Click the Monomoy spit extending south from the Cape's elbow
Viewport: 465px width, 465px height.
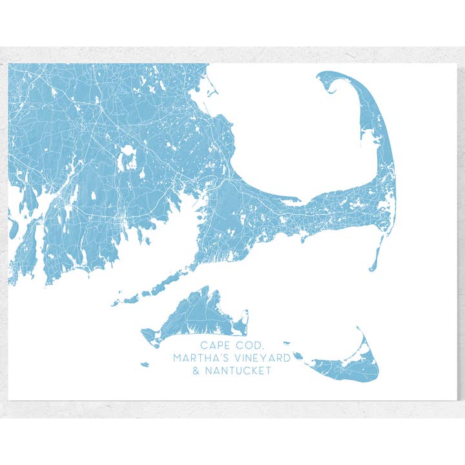377,255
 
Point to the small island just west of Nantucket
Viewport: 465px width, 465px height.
298,355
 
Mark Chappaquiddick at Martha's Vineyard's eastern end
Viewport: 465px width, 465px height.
243,320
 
